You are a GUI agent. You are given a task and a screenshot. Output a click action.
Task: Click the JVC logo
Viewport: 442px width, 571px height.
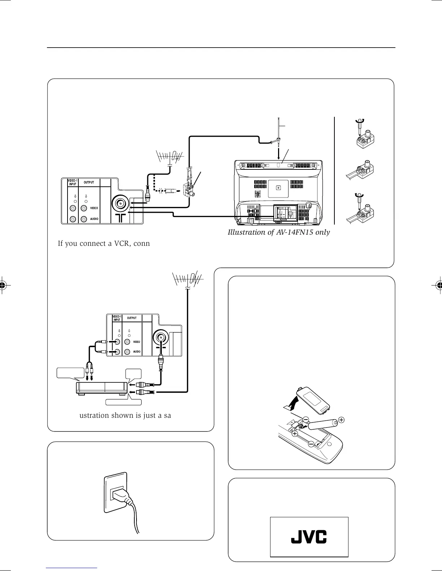coord(309,536)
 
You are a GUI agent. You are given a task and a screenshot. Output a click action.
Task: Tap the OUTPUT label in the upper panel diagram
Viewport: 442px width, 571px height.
coord(89,182)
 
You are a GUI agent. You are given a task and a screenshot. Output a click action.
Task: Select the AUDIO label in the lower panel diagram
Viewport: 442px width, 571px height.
coord(137,351)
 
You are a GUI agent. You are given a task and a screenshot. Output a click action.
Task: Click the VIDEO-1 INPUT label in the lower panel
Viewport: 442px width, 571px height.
coord(117,318)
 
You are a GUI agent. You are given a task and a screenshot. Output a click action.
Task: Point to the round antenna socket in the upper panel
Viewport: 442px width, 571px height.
coord(120,204)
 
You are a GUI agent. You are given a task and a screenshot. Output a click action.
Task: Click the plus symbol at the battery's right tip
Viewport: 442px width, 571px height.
coord(341,420)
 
